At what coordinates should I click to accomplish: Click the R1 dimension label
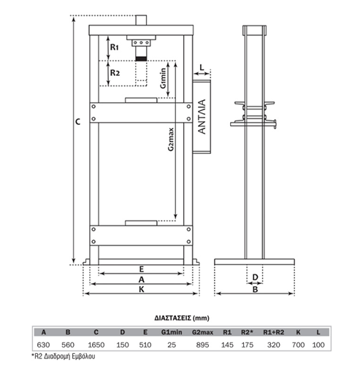(x=114, y=47)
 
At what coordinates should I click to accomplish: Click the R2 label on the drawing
(x=115, y=72)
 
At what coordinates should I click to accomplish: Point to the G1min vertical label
(x=163, y=78)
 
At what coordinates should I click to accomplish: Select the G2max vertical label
(x=171, y=139)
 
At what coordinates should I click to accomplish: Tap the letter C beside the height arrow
(x=78, y=122)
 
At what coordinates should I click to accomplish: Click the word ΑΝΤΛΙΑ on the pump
(x=202, y=117)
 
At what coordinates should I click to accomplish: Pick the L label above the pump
(x=202, y=67)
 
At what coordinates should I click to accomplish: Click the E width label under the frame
(x=142, y=269)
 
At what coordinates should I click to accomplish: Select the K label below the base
(x=142, y=289)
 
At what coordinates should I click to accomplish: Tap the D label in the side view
(x=255, y=277)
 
